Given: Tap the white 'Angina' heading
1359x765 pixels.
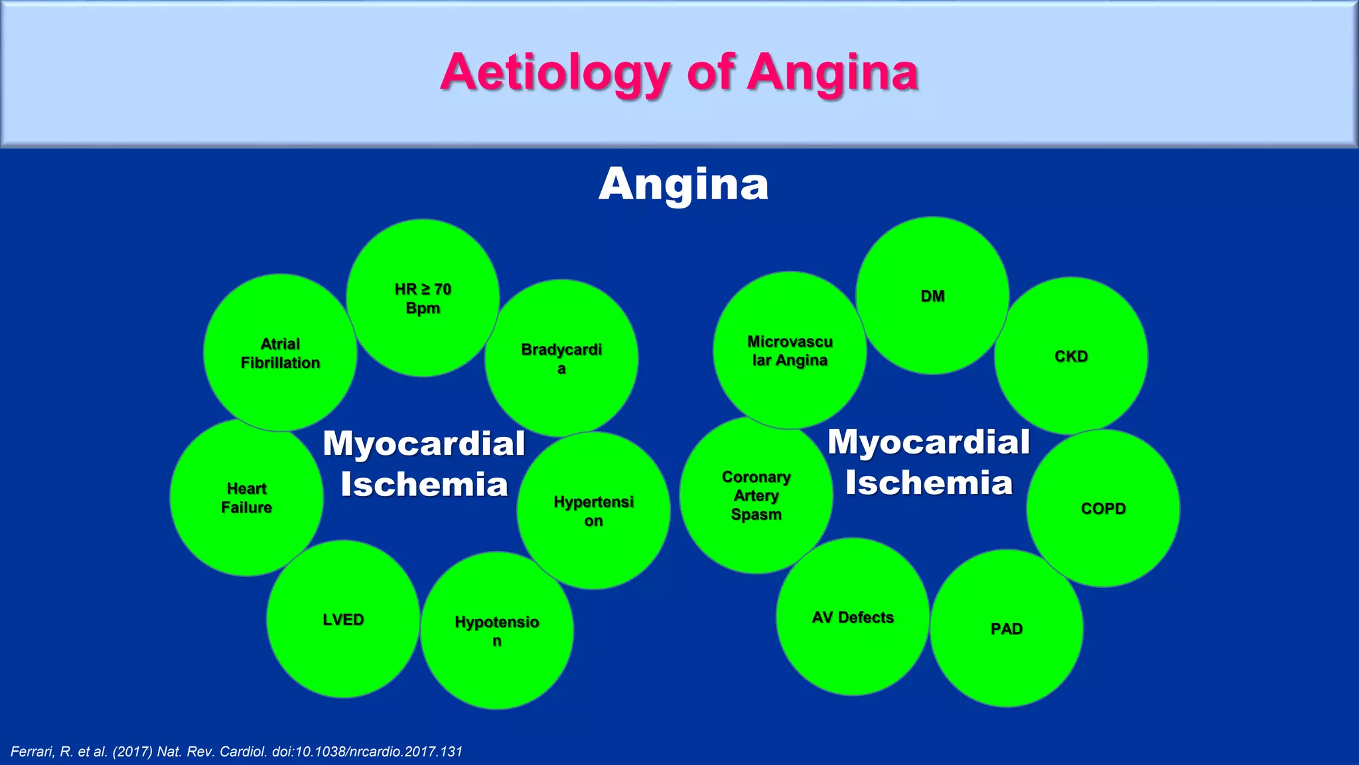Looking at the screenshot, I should click(683, 184).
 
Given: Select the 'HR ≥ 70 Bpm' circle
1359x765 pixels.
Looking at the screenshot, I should click(423, 298).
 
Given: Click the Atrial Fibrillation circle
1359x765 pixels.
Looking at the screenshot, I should click(280, 353).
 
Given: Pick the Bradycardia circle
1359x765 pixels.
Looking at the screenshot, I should click(561, 359).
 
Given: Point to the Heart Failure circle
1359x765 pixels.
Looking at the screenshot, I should click(246, 497).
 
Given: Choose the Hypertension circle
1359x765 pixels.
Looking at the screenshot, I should click(593, 511).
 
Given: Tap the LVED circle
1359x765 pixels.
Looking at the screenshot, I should click(343, 619).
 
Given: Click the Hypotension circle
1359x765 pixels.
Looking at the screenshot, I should click(497, 631).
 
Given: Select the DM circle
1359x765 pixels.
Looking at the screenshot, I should click(932, 296).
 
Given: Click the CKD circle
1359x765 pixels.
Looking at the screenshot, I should click(1071, 356).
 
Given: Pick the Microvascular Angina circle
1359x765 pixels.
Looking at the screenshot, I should click(790, 351).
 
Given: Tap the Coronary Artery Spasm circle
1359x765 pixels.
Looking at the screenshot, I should click(756, 495).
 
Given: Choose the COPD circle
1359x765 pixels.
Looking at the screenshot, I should click(1103, 509).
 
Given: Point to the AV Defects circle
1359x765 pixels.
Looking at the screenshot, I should click(853, 617).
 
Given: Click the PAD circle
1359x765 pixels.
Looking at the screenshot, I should click(1006, 628).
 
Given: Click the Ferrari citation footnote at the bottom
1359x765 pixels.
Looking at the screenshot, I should click(236, 752).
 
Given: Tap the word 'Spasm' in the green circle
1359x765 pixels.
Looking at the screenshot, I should click(756, 515).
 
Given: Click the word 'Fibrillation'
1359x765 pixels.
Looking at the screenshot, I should click(280, 363).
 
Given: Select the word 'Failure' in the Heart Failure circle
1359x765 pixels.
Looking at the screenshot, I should click(246, 507).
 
